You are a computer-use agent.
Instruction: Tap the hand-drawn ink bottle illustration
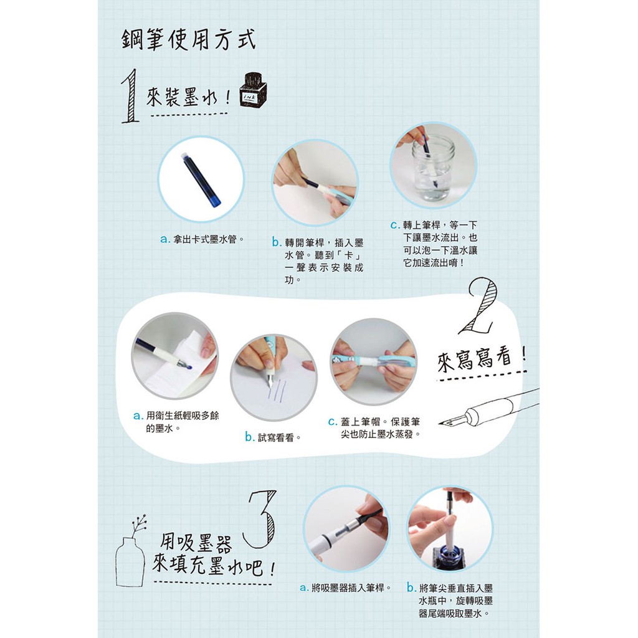point(253,90)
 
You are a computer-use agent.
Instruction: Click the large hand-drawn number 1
point(131,96)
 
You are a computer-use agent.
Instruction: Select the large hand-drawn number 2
point(478,306)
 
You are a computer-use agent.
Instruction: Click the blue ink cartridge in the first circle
point(201,179)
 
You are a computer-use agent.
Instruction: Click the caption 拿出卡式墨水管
point(202,239)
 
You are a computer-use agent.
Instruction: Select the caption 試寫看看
point(273,437)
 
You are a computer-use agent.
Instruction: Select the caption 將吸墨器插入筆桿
point(345,588)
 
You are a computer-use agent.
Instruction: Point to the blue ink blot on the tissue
point(188,368)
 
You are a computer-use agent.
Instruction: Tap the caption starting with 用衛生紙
point(176,422)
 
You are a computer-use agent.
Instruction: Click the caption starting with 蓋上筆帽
point(374,427)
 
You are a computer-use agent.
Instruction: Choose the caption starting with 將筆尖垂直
point(450,600)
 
